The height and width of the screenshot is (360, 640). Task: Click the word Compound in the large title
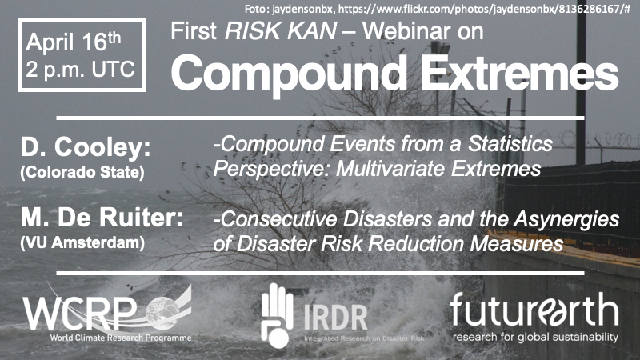[289, 74]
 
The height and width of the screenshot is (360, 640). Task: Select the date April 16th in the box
[74, 42]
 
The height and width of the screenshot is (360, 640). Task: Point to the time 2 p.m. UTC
[81, 70]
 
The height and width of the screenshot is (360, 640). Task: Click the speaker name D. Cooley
[86, 147]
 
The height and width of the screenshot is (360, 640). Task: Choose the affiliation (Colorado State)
[82, 172]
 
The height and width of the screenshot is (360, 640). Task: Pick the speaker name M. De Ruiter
[102, 218]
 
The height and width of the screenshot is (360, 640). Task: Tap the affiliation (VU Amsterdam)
[82, 243]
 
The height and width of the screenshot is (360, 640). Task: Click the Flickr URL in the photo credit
[484, 9]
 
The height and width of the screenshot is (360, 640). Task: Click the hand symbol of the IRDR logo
[277, 315]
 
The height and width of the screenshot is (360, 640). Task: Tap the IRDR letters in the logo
[335, 317]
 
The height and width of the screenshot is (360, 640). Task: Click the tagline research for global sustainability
[535, 337]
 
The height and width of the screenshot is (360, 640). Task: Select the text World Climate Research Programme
[121, 338]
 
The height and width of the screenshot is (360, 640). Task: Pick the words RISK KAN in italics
[281, 31]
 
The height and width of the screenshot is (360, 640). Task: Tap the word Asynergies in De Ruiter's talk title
[566, 219]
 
